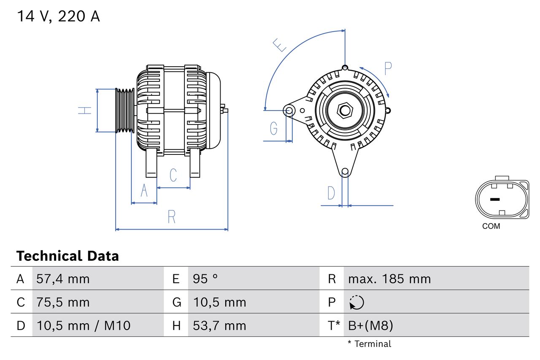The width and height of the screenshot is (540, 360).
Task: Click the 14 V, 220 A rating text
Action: coord(58,16)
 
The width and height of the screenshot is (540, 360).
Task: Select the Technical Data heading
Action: coord(67,256)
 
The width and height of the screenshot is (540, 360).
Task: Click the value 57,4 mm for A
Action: coord(63,279)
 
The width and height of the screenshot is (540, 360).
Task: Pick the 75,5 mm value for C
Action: coord(63,302)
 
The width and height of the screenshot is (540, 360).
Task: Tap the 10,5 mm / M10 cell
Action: coord(84,325)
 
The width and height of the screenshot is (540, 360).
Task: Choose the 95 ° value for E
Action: coord(205,279)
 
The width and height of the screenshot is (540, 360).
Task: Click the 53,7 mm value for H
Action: coord(219,325)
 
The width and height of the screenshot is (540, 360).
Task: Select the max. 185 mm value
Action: coord(389,279)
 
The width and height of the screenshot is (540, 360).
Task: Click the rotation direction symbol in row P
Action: coord(356,302)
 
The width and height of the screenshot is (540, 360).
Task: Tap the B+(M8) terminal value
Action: coord(370,325)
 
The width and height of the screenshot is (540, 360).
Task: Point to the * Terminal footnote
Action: coord(369,344)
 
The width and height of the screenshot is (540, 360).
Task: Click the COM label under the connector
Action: coord(491,226)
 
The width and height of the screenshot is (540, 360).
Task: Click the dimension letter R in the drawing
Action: coord(171,217)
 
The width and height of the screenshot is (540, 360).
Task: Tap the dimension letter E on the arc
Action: coord(280,45)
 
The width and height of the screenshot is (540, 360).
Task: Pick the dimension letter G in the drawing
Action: coord(274,127)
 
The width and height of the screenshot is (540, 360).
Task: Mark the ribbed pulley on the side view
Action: coord(125,111)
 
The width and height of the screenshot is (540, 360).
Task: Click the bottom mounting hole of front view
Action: coord(345,171)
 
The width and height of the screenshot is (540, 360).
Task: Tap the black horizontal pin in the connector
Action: coord(495,199)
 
